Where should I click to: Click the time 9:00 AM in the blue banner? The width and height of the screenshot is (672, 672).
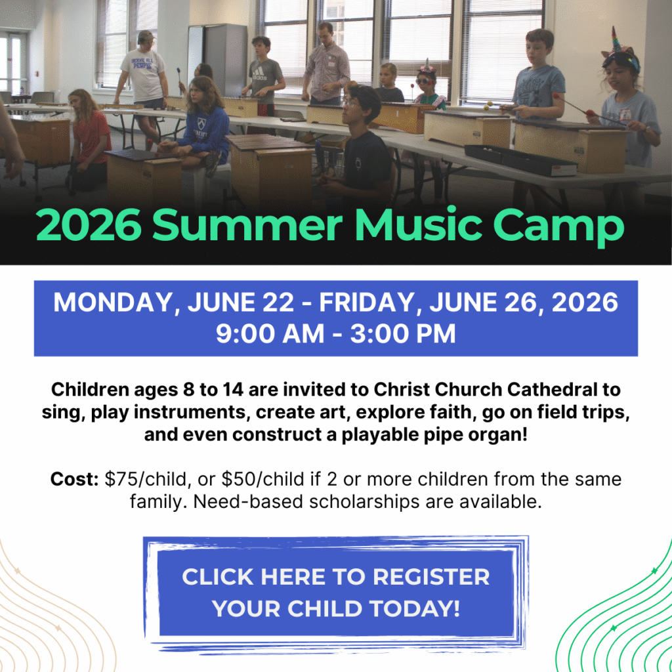tap(268, 333)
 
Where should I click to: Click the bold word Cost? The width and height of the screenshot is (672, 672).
tap(74, 479)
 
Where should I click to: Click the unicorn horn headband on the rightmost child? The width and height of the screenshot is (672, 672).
tap(616, 41)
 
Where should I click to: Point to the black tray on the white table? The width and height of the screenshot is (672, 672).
tap(520, 159)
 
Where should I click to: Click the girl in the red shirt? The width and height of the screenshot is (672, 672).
tap(91, 138)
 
